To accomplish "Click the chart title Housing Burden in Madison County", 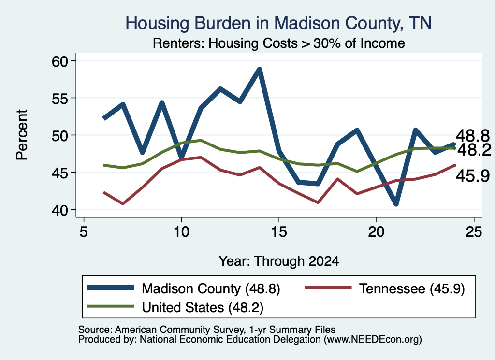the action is (278, 23).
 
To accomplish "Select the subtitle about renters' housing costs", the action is (279, 43).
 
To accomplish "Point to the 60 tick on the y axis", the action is (59, 61).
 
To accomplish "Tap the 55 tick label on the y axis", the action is (59, 98).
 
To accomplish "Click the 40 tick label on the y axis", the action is (59, 210).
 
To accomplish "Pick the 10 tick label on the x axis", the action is (181, 232).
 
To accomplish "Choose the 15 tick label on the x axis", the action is (279, 232).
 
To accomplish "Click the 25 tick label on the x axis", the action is (474, 232).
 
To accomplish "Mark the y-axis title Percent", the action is (22, 135).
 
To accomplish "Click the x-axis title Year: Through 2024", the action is (279, 261).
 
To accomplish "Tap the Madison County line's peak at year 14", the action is (259, 69).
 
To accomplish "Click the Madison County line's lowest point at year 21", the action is (396, 204).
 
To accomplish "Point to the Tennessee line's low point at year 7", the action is (123, 204).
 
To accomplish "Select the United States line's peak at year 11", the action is (201, 140).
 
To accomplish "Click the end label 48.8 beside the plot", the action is (473, 136).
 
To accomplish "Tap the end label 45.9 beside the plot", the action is (473, 176).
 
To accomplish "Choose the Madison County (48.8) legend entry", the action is (184, 288).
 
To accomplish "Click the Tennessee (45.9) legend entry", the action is (385, 288).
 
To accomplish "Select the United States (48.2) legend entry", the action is (175, 307).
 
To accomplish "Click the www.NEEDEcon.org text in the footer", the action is (373, 340).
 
